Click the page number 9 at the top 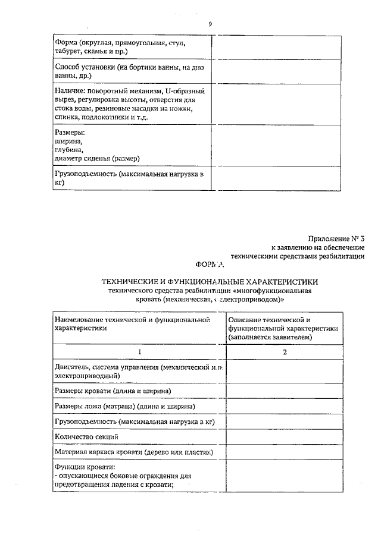click(x=210, y=24)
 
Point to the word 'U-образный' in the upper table click(x=185, y=92)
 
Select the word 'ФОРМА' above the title click(x=210, y=265)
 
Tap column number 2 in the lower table click(x=285, y=352)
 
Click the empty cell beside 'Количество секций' click(x=285, y=436)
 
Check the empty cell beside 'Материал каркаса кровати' click(x=285, y=452)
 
